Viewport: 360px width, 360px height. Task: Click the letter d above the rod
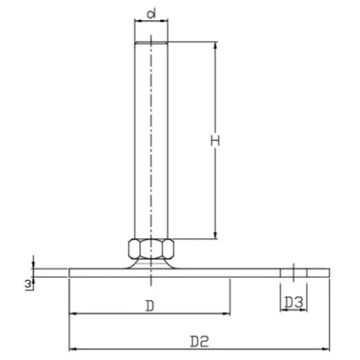tap(150, 13)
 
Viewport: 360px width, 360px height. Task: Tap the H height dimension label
tap(216, 140)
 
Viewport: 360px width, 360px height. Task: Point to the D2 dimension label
tap(199, 341)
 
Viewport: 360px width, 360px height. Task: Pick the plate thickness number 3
tap(27, 284)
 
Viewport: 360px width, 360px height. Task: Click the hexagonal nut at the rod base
tap(151, 248)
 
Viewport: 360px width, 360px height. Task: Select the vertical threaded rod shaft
tap(151, 139)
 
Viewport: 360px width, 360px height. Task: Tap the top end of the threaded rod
tap(151, 44)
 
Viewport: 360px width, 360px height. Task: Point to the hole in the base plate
tap(294, 272)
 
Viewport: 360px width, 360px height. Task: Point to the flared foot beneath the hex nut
tap(151, 263)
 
